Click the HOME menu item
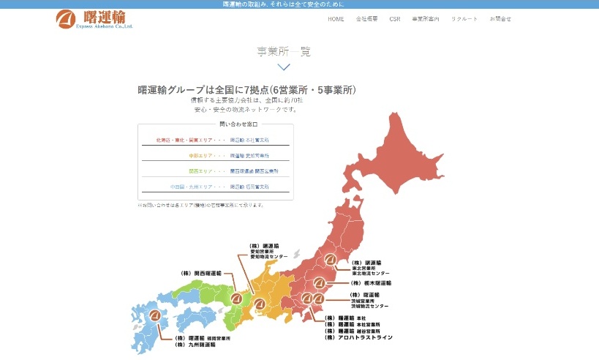336,18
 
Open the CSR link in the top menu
395,18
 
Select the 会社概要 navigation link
366,18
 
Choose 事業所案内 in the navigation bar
426,18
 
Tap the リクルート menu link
464,18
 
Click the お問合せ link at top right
500,18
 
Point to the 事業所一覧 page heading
284,51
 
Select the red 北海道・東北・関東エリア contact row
215,139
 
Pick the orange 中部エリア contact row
215,155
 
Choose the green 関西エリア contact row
215,170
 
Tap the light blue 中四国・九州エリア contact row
215,187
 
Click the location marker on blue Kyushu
154,317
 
